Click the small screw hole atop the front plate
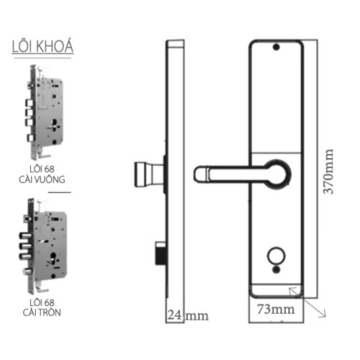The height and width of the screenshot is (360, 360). pos(274,48)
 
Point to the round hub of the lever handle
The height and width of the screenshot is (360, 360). pos(279,173)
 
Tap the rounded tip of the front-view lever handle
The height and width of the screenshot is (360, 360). pos(199,173)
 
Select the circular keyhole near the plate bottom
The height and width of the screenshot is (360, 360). pos(274,257)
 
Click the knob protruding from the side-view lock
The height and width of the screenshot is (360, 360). pos(148,174)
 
